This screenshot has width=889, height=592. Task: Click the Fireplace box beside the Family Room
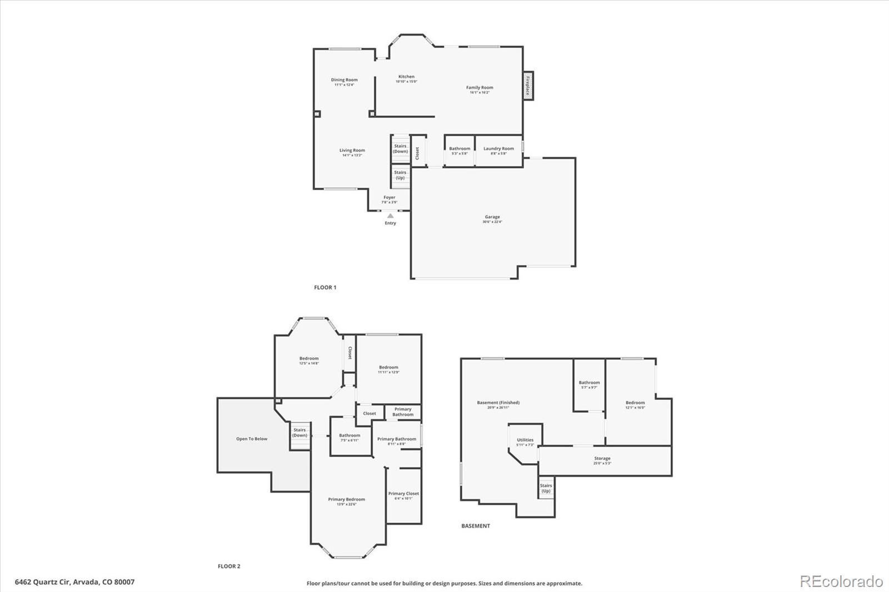pyautogui.click(x=528, y=86)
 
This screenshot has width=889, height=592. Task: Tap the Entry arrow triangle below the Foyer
pyautogui.click(x=391, y=216)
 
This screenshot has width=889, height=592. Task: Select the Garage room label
pyautogui.click(x=492, y=217)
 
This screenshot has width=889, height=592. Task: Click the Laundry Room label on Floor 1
pyautogui.click(x=498, y=149)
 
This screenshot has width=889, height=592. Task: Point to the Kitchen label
pyautogui.click(x=406, y=77)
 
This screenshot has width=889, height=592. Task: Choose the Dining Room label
pyautogui.click(x=344, y=80)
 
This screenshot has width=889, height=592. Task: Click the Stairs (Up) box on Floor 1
pyautogui.click(x=400, y=175)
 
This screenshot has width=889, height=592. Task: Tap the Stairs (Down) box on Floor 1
pyautogui.click(x=400, y=148)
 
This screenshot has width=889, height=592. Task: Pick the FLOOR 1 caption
pyautogui.click(x=325, y=288)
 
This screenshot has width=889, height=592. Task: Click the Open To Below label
pyautogui.click(x=252, y=439)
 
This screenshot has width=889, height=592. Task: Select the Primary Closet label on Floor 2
pyautogui.click(x=403, y=494)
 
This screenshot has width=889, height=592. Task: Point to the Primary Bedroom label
pyautogui.click(x=346, y=500)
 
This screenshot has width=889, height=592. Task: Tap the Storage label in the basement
pyautogui.click(x=602, y=459)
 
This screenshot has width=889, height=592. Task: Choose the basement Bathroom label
pyautogui.click(x=589, y=383)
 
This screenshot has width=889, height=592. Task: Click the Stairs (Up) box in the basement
pyautogui.click(x=546, y=488)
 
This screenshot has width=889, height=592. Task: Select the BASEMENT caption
pyautogui.click(x=476, y=526)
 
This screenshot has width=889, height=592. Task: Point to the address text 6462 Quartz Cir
pyautogui.click(x=74, y=582)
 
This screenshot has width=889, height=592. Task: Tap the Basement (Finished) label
pyautogui.click(x=498, y=403)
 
